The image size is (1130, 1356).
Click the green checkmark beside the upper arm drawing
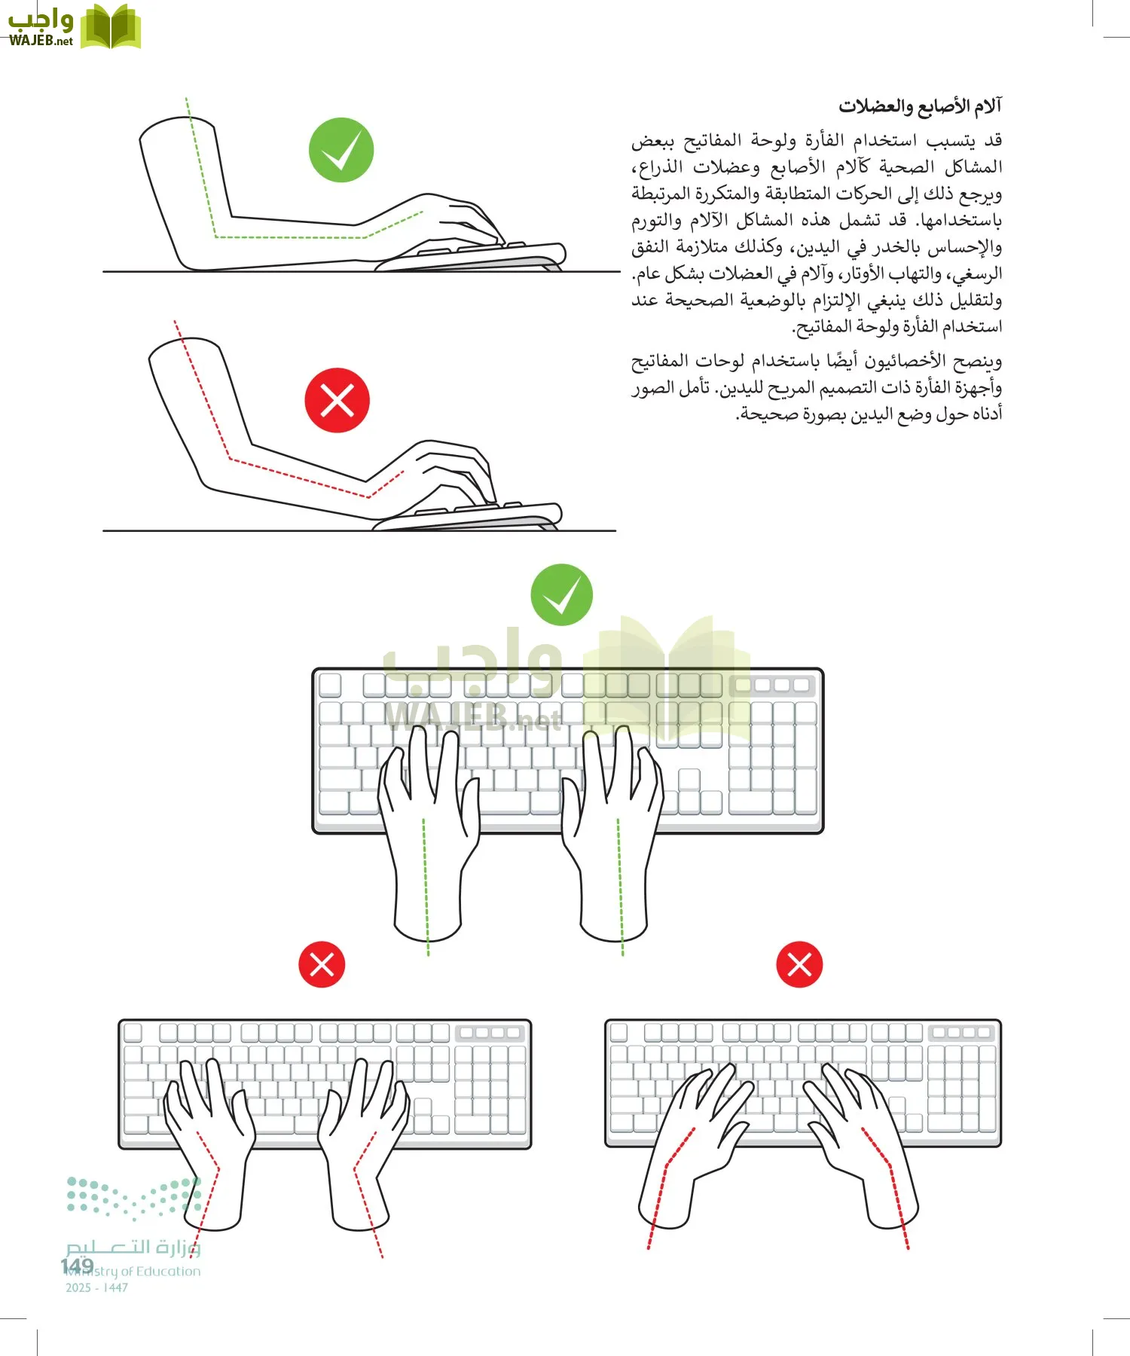341,150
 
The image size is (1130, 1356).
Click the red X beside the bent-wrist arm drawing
337,400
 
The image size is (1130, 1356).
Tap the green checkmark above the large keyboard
561,594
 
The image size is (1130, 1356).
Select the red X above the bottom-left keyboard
322,964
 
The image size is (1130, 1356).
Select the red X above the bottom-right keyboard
799,964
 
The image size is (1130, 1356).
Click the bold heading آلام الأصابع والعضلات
920,106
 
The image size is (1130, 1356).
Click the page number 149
77,1266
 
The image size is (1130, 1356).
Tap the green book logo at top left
110,28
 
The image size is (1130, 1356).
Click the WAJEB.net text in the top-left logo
41,41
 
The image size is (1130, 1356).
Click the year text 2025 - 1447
96,1288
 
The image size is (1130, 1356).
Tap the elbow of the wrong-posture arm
218,467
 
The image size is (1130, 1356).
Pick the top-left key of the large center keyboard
330,685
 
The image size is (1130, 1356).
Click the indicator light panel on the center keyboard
771,685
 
